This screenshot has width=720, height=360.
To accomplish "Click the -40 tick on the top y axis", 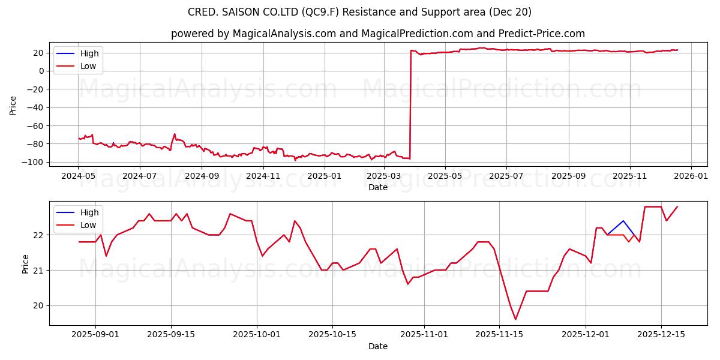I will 37,107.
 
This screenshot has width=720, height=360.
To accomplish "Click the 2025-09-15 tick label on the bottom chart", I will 171,335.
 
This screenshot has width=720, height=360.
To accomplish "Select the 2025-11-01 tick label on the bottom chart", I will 424,335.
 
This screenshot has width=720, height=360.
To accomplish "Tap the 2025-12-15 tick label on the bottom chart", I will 661,335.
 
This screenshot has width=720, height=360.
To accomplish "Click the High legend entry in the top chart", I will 89,53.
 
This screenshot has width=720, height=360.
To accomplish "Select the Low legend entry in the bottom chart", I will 88,225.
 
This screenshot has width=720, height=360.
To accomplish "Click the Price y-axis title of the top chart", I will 13,105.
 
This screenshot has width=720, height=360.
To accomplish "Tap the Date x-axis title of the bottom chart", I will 378,346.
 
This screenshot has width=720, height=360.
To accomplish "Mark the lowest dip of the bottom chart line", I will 515,319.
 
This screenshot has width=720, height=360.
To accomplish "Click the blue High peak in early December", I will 623,221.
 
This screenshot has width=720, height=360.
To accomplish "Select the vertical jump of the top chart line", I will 410,108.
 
